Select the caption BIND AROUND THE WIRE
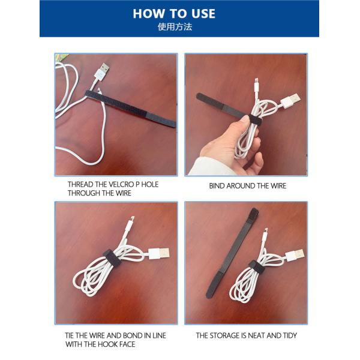click(x=247, y=186)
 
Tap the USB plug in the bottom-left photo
click(x=158, y=252)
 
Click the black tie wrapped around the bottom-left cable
click(x=115, y=260)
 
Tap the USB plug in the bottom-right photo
click(x=294, y=255)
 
